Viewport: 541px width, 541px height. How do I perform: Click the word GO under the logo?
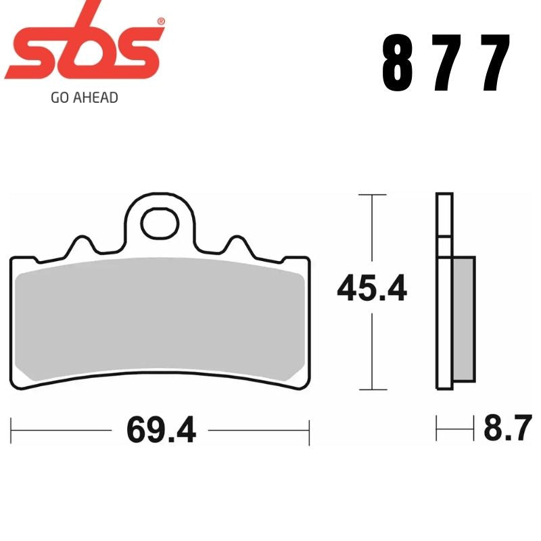[x=59, y=97]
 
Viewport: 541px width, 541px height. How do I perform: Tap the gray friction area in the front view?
[x=160, y=318]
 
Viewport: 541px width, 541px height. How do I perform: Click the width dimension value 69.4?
[x=161, y=431]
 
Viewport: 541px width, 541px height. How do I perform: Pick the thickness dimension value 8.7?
[x=504, y=429]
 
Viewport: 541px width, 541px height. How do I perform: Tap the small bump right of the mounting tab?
[x=237, y=245]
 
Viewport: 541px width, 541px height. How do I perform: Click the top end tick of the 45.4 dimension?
[x=373, y=195]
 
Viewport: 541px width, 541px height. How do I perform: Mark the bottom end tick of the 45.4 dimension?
[x=373, y=390]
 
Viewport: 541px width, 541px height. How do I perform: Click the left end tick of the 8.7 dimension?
[x=437, y=429]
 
